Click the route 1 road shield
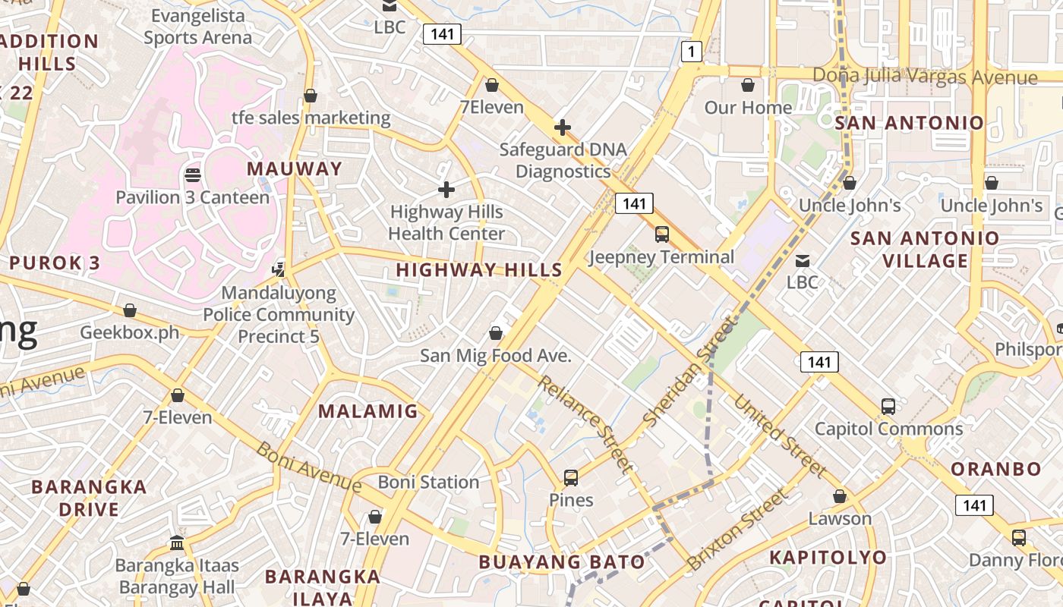691,52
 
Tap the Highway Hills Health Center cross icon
446,189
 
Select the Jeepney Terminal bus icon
662,234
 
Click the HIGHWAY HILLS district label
479,269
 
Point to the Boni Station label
428,482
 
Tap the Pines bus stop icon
571,478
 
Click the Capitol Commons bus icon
888,406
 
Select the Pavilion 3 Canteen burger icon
193,175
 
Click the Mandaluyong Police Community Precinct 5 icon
279,269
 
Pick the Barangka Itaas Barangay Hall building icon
177,543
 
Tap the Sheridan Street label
690,371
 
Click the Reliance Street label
585,422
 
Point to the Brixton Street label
737,530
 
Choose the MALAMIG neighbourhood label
367,411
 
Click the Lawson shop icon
840,496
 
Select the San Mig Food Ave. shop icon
496,332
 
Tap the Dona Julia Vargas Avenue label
924,77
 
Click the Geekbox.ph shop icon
130,310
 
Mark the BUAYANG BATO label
562,562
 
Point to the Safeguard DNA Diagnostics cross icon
562,127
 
